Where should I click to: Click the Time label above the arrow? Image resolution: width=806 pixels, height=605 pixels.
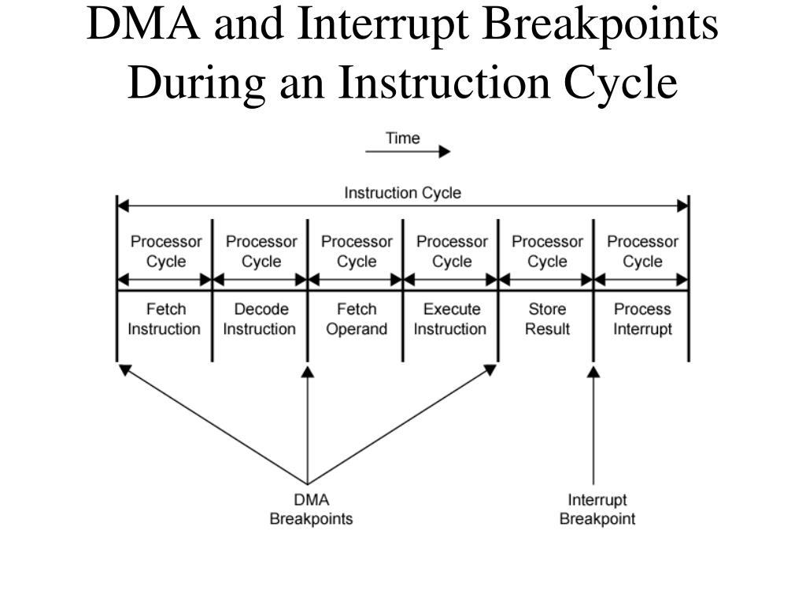tap(402, 139)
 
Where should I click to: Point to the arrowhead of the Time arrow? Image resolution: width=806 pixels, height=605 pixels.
tap(445, 152)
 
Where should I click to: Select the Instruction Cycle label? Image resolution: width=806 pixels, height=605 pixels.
tap(402, 193)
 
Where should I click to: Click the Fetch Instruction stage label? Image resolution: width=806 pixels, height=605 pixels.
tap(165, 319)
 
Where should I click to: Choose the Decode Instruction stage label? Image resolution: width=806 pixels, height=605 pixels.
tap(260, 319)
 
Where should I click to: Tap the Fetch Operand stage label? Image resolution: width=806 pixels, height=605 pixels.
tap(356, 319)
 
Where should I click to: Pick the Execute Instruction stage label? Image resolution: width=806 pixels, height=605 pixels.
tap(451, 319)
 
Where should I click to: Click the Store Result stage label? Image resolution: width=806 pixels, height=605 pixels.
tap(547, 319)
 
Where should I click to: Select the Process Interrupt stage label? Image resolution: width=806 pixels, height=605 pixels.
tap(642, 319)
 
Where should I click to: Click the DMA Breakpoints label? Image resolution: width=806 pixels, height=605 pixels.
tap(311, 509)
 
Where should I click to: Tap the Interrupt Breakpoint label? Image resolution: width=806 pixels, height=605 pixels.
tap(597, 509)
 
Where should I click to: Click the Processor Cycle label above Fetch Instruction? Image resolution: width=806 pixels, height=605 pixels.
tap(165, 251)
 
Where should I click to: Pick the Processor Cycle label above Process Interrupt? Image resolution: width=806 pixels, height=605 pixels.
tap(642, 251)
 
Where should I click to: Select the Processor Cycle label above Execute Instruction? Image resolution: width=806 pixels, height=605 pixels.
tap(452, 251)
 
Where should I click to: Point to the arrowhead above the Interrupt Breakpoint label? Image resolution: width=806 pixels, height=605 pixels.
tap(593, 371)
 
